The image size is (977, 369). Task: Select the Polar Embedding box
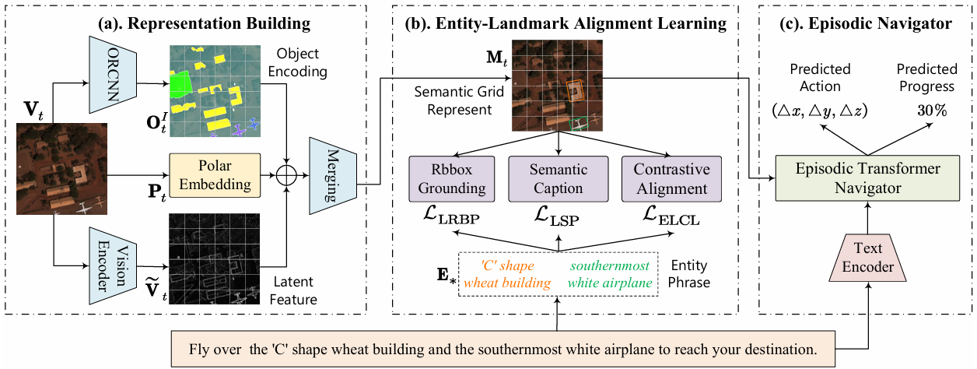(x=212, y=175)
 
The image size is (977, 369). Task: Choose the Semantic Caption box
(x=559, y=179)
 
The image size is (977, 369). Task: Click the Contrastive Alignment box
(x=671, y=179)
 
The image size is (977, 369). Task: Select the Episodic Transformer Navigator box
(x=866, y=177)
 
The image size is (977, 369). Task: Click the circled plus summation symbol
(x=289, y=176)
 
